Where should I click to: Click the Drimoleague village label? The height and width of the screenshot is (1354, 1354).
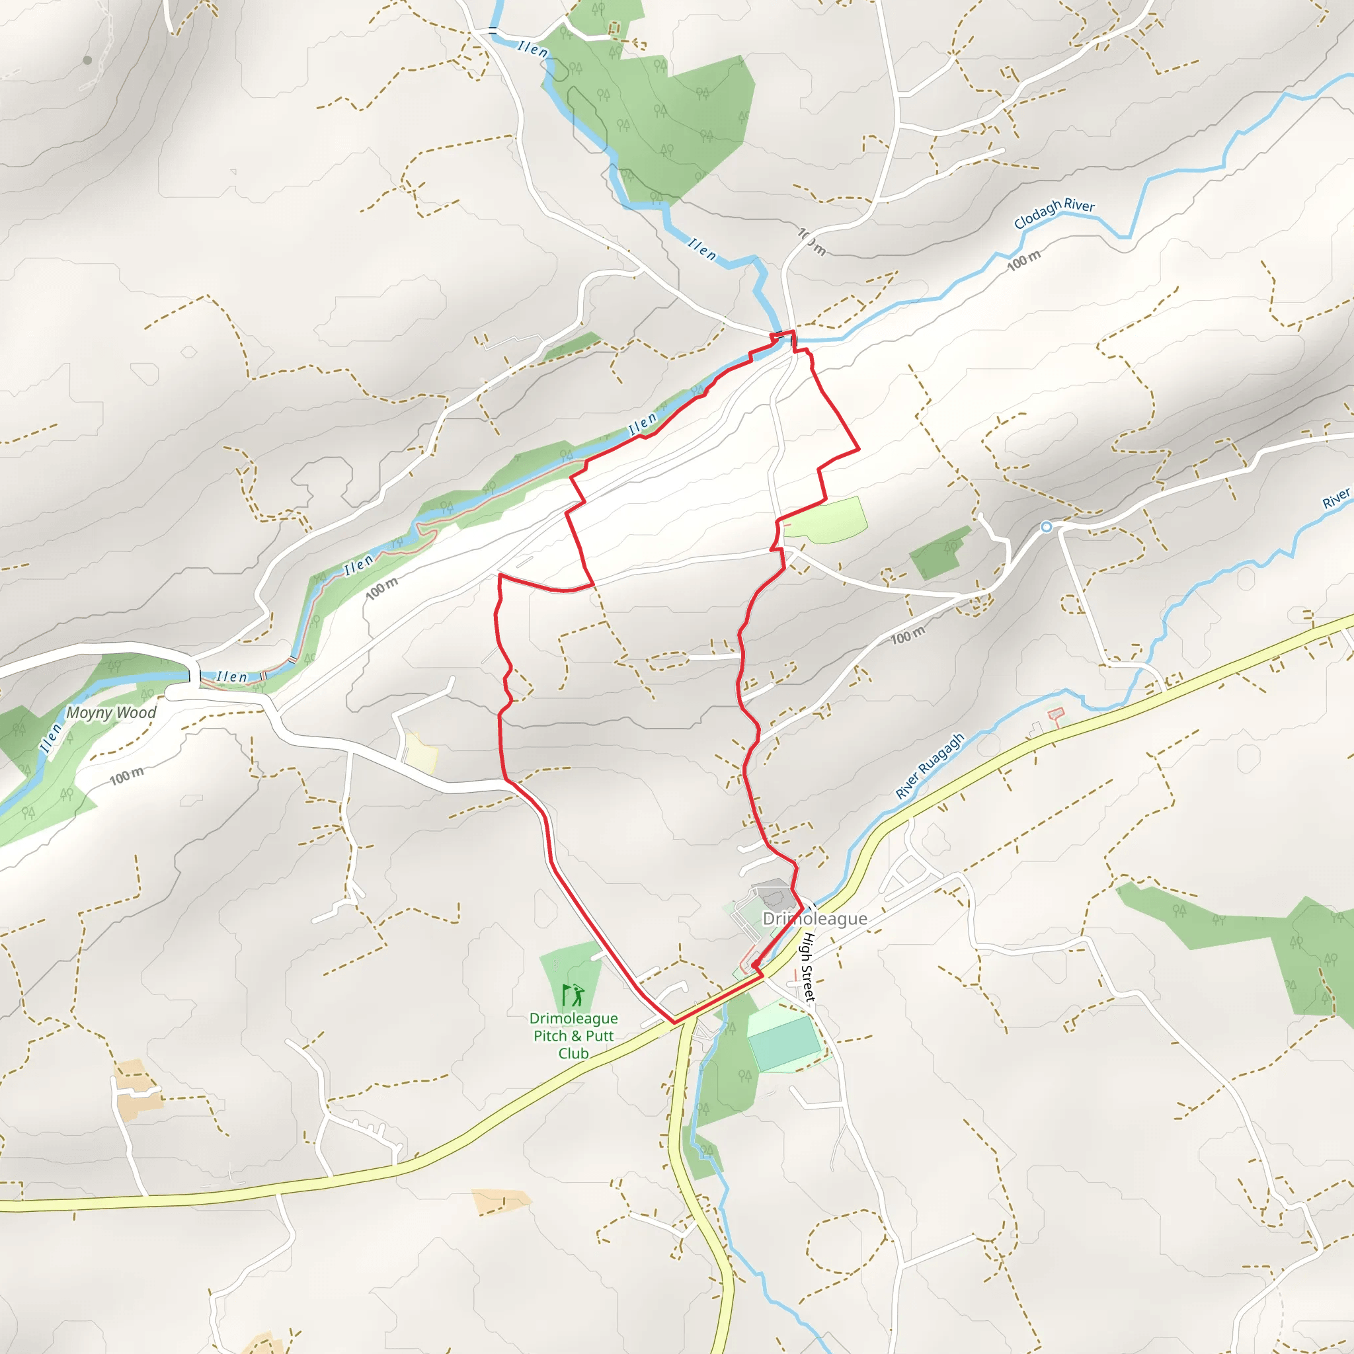[x=815, y=918]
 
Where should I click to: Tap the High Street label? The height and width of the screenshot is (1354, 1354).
[x=809, y=967]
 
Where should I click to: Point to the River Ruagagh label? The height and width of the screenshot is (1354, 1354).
[x=930, y=766]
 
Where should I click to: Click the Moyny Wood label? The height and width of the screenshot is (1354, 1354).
[x=110, y=713]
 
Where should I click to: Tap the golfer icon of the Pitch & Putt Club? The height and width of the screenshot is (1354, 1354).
[x=573, y=994]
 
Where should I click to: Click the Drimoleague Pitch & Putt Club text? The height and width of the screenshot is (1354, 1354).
[x=573, y=1036]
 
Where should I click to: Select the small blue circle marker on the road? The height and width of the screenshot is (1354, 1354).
[x=1047, y=527]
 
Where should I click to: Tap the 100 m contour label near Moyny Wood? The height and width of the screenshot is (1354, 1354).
[x=127, y=776]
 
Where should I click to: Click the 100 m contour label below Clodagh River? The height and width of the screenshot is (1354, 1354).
[x=1024, y=260]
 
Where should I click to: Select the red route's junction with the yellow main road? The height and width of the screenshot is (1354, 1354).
[x=674, y=1023]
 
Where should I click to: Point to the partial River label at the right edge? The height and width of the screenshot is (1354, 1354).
[x=1336, y=498]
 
